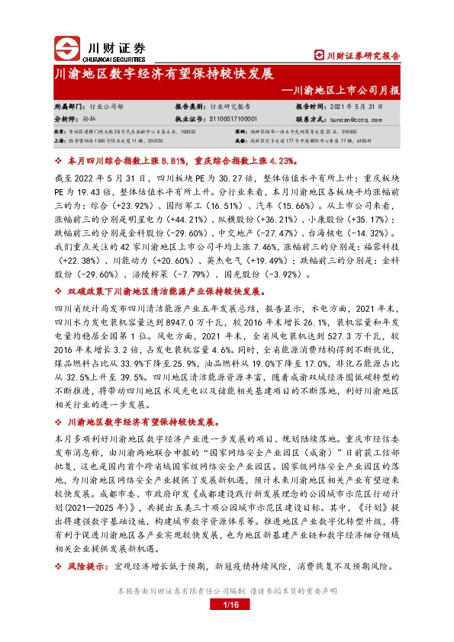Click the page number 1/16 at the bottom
tap(227, 626)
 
